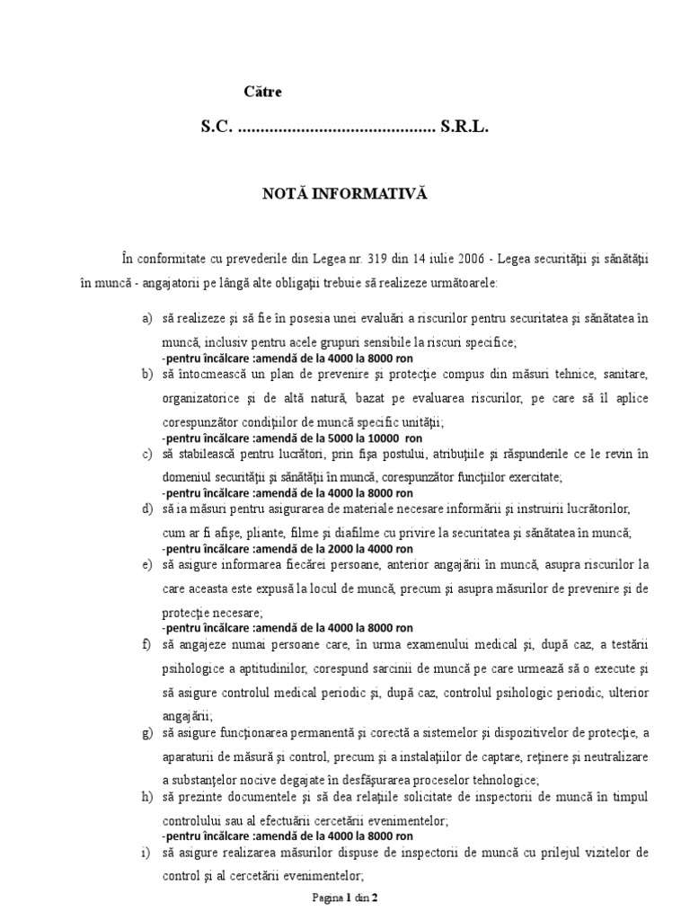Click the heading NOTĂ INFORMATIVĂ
(344, 193)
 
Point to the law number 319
(394, 258)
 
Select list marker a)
(147, 319)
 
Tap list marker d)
(147, 509)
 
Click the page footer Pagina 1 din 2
(344, 898)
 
